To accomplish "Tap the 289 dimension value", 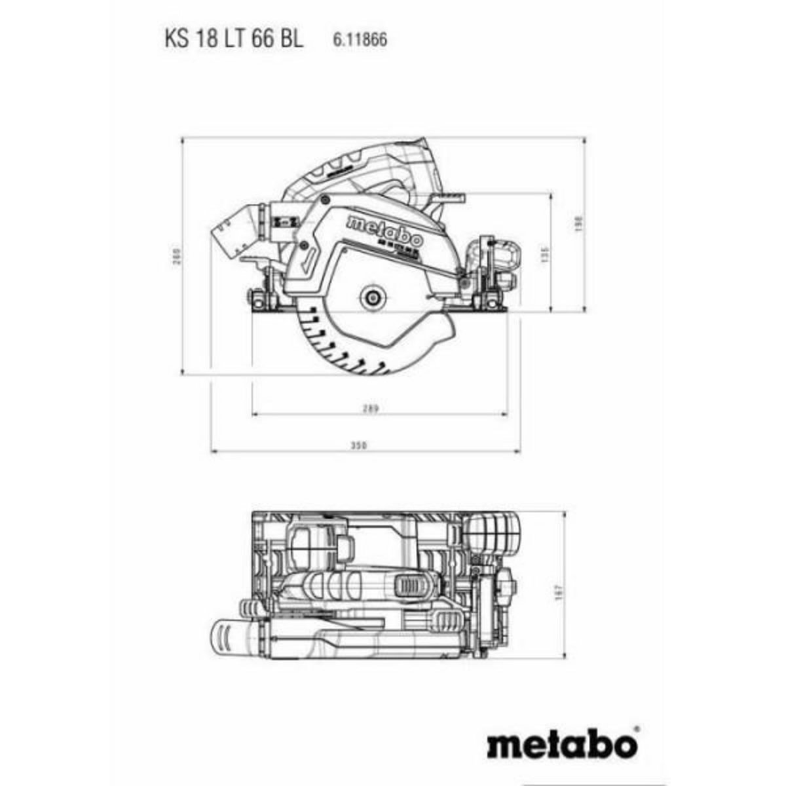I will point(371,409).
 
